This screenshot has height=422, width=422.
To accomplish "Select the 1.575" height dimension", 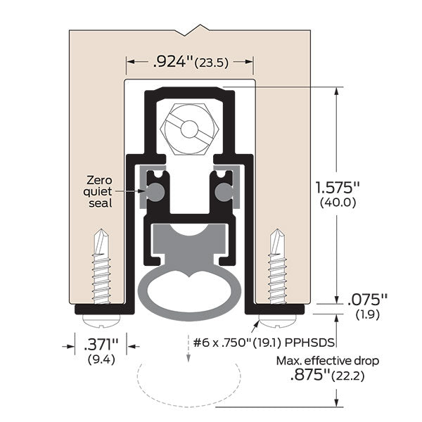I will pyautogui.click(x=339, y=188).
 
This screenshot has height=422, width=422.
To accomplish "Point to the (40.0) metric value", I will pyautogui.click(x=339, y=203).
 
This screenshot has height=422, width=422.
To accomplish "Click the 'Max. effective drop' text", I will pyautogui.click(x=326, y=361).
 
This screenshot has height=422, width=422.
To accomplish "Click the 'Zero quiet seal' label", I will pyautogui.click(x=98, y=191).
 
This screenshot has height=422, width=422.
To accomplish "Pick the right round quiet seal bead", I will pyautogui.click(x=224, y=191).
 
